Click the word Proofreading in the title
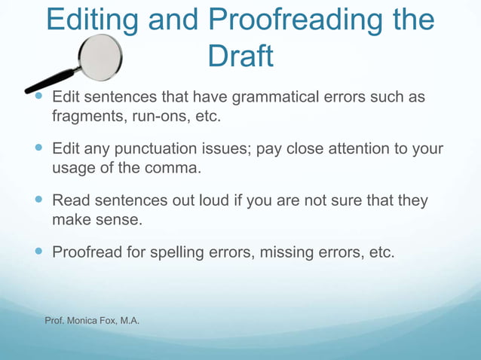tap(297, 21)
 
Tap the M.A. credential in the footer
tap(129, 322)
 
